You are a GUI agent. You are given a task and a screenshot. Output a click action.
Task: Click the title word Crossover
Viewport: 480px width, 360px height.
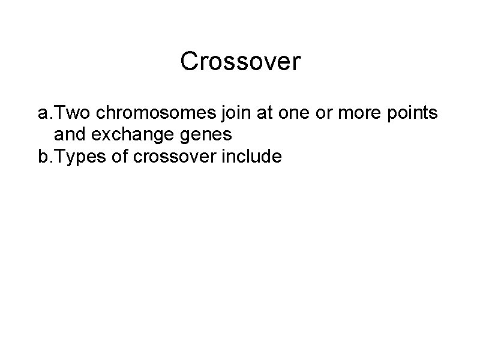pos(240,61)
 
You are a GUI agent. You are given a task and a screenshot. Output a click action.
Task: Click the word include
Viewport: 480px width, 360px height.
pos(250,157)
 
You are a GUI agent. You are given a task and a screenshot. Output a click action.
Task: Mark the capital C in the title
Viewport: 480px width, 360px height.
pos(189,61)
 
